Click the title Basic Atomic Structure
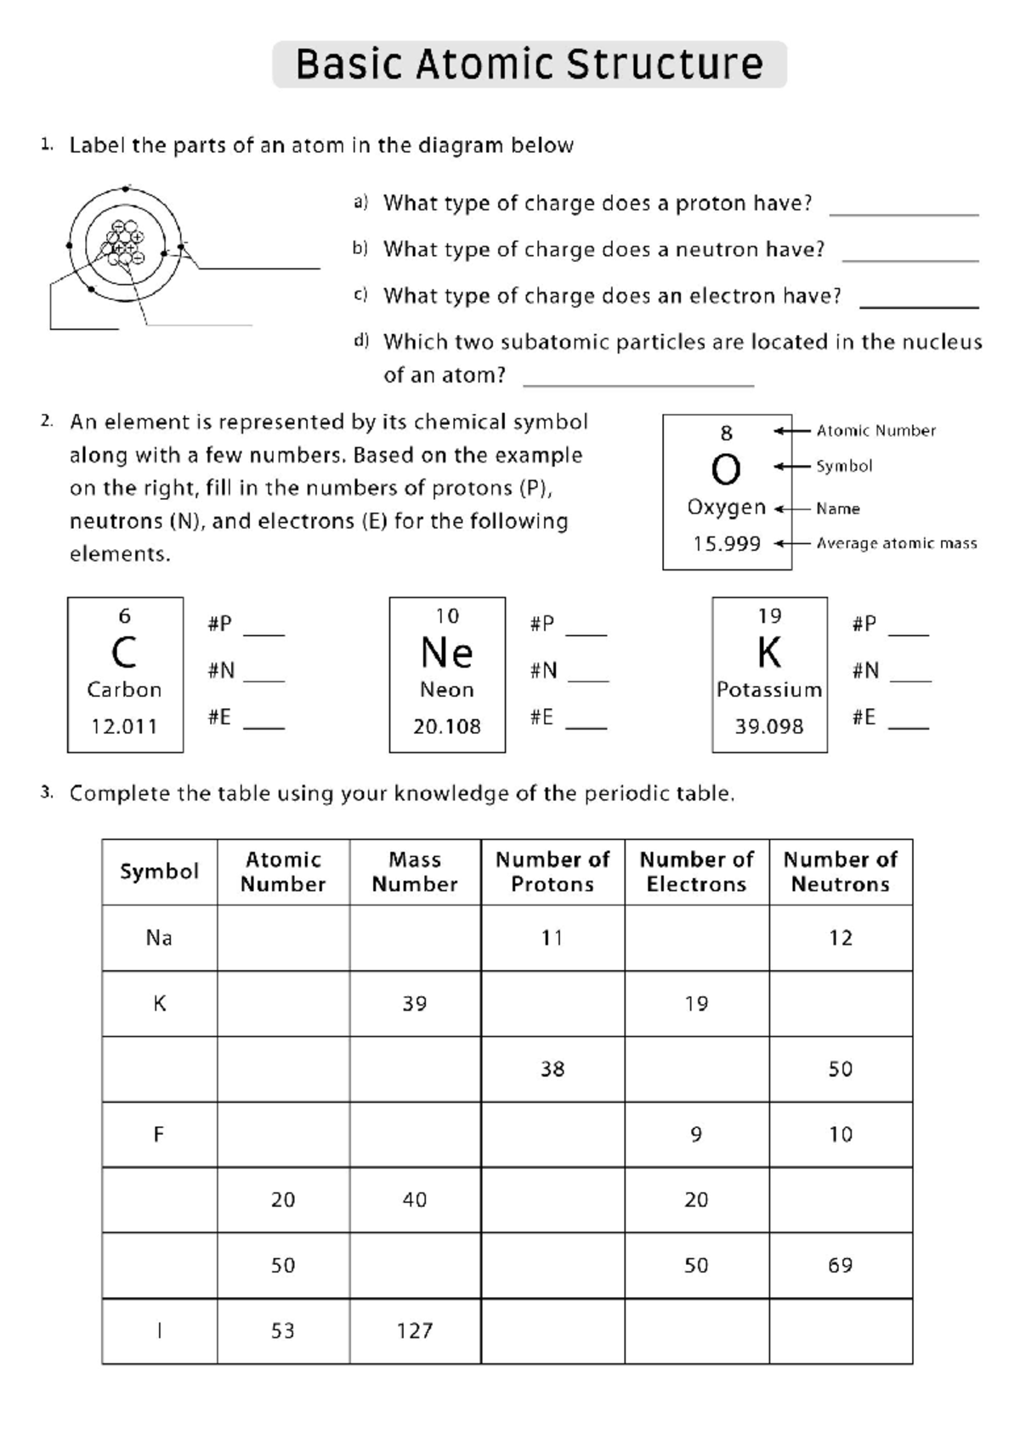tap(529, 65)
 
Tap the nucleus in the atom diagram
tap(124, 244)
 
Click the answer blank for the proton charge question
tap(903, 208)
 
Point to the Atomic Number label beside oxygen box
tap(875, 431)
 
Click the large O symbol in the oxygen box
tap(726, 469)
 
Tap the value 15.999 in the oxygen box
tap(726, 544)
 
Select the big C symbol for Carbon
tap(124, 653)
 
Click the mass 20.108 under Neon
tap(447, 727)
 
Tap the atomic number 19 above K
tap(769, 616)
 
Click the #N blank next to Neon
tap(588, 676)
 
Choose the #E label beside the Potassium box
tap(864, 717)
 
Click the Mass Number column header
tap(415, 872)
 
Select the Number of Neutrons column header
tap(840, 872)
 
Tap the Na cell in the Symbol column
tap(159, 938)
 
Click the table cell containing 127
tap(415, 1331)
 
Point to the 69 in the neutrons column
tap(840, 1266)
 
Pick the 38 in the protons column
tap(552, 1069)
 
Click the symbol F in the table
tap(159, 1135)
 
